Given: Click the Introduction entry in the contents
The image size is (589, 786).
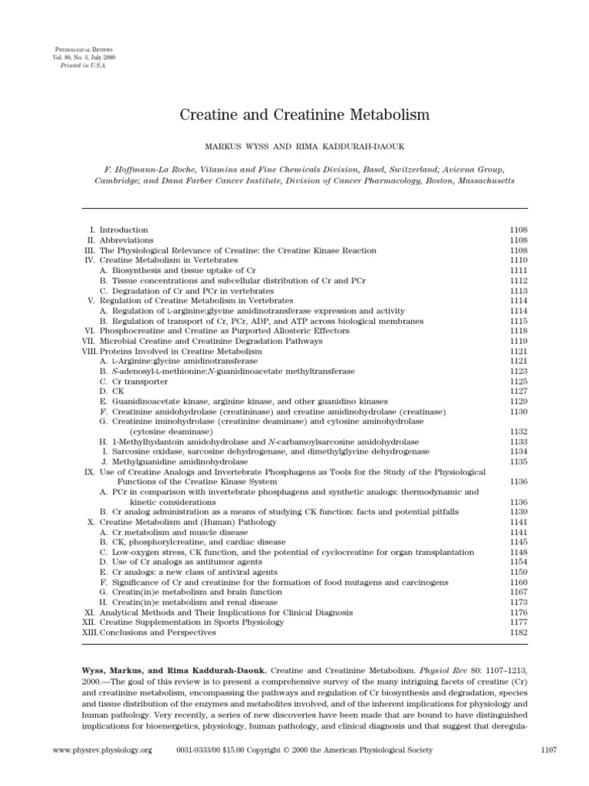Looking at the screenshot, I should [x=123, y=230].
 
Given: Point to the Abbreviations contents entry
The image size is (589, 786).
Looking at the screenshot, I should [x=126, y=240].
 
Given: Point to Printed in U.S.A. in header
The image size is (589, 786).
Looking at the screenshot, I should [x=80, y=66].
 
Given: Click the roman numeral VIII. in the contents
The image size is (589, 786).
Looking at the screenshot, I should [x=90, y=351].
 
